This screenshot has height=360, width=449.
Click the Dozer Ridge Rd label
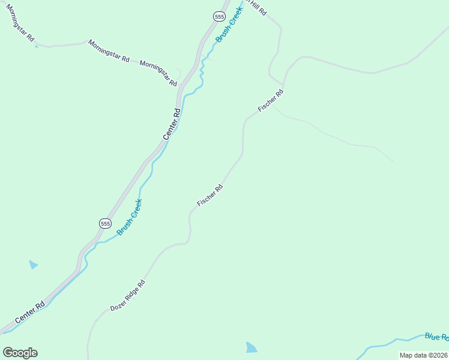[128, 296]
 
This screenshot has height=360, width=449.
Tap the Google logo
[20, 353]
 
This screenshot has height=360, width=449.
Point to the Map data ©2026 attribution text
[423, 355]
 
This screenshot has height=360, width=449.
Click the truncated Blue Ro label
[436, 337]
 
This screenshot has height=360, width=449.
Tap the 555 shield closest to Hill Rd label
[218, 17]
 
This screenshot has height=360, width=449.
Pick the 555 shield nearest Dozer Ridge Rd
[105, 223]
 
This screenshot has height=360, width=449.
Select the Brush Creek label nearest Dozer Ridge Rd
[129, 217]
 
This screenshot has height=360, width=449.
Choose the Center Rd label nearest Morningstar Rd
[172, 124]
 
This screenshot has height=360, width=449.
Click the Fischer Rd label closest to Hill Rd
[270, 100]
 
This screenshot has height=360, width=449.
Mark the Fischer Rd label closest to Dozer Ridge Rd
[210, 196]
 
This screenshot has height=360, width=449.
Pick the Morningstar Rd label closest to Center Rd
[159, 72]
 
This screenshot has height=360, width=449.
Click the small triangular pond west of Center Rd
[33, 265]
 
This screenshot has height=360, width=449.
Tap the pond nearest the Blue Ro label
[252, 347]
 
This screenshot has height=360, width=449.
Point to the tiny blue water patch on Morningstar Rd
[37, 46]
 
